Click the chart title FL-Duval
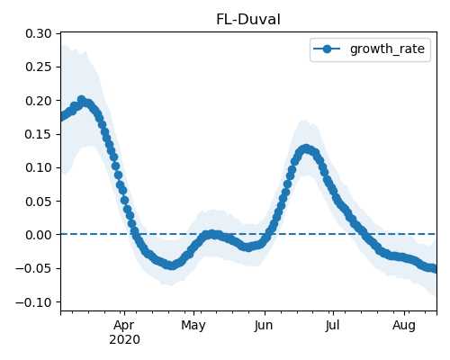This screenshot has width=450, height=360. coord(248,20)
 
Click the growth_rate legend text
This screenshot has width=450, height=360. coord(387,49)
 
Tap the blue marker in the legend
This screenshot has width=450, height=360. coord(327,49)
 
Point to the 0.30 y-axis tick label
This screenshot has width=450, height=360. coord(39,33)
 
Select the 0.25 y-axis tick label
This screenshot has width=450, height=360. coord(39,67)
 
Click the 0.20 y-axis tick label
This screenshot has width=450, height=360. coord(39,101)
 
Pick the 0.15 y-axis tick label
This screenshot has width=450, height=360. coord(39,134)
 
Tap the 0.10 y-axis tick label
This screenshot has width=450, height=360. coord(39,167)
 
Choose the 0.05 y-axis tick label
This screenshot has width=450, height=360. coord(39,201)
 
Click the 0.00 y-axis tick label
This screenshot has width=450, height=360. coord(39,235)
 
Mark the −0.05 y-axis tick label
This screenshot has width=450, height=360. coord(33,268)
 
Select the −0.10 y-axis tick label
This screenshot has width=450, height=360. coord(33,301)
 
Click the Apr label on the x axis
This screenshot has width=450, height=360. coord(124,326)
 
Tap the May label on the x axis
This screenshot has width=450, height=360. coord(193,326)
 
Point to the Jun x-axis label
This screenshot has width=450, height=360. coord(264,326)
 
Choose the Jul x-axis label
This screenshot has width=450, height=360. coord(333,326)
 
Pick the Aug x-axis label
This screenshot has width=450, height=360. coord(404,326)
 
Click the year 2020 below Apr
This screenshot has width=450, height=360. coord(124,340)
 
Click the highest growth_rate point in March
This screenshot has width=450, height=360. coord(81,99)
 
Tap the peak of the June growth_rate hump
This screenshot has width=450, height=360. coord(306,148)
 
